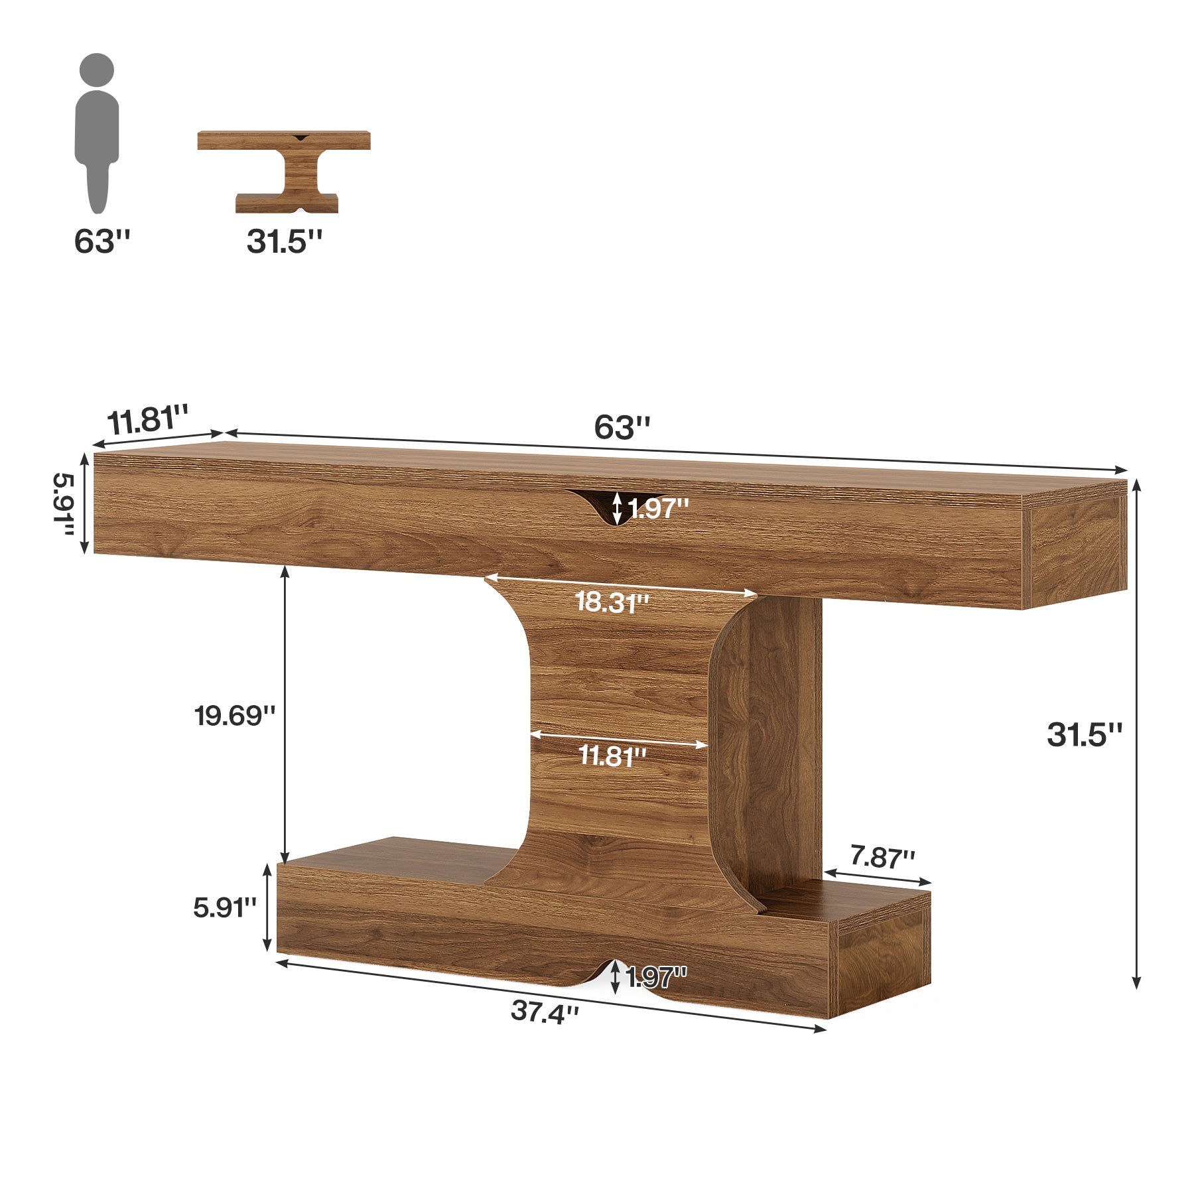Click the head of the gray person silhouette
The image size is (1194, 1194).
click(x=97, y=69)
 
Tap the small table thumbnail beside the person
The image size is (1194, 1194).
click(x=285, y=171)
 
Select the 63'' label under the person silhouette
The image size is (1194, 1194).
click(x=101, y=241)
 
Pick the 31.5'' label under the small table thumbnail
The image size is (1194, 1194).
click(x=285, y=241)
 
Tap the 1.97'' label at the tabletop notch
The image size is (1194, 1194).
click(x=659, y=509)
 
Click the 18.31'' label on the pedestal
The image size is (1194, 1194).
click(x=612, y=602)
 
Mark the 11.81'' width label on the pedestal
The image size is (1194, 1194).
click(x=612, y=756)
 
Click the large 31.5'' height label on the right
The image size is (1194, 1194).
click(x=1085, y=735)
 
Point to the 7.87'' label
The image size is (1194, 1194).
click(x=882, y=858)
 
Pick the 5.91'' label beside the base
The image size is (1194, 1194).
click(x=225, y=907)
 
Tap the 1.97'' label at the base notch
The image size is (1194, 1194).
click(x=657, y=976)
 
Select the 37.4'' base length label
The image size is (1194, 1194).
click(x=545, y=1012)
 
